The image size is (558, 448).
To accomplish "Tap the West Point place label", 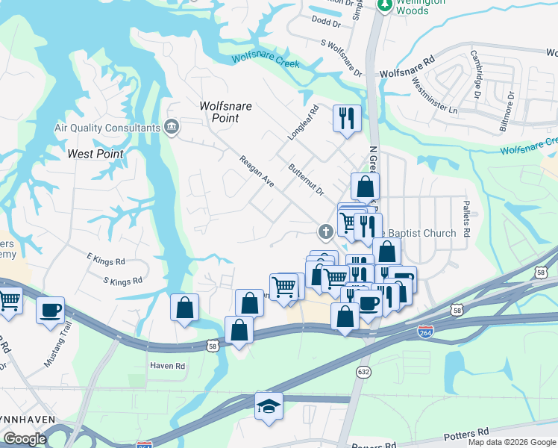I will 95,154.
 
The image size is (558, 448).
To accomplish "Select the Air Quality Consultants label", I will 107,128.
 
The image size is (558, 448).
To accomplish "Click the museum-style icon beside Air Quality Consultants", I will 172,127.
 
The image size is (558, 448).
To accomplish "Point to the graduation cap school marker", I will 269,406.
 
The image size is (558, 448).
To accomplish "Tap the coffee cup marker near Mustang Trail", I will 50,310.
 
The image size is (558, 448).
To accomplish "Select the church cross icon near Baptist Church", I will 325,231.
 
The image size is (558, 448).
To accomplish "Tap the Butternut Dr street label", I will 306,179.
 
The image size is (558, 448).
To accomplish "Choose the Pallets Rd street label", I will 465,217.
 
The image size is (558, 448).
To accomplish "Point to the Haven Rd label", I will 167,366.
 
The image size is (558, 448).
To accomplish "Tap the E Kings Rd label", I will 106,260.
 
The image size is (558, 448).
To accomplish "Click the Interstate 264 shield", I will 426,331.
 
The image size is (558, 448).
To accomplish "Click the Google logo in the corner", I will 25,439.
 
